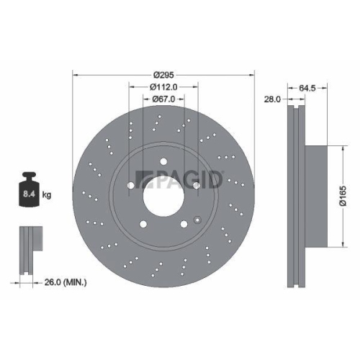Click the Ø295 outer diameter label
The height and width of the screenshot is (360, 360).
[164, 73]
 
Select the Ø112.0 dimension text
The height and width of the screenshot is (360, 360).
[164, 86]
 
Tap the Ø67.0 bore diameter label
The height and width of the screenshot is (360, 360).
[164, 99]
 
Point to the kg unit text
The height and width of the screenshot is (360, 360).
[46, 195]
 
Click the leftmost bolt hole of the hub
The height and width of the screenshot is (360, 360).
[130, 186]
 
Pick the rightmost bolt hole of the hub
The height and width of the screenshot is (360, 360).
[196, 186]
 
